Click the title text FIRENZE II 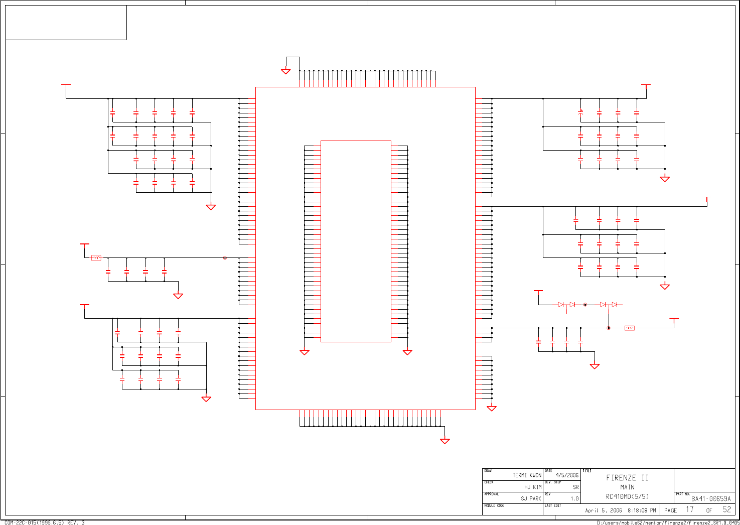click(627, 478)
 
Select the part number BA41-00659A click(711, 499)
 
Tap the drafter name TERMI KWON click(527, 475)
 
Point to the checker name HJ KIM click(533, 487)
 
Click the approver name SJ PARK click(531, 499)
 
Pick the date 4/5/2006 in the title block click(567, 475)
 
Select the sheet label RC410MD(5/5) click(627, 497)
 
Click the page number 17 click(690, 509)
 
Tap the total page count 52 click(726, 509)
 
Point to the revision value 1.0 click(574, 499)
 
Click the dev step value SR click(575, 487)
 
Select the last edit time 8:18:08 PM click(642, 510)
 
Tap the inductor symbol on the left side click(96, 258)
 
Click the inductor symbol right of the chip click(629, 328)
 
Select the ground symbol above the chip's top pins click(286, 71)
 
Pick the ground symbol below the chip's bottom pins click(445, 441)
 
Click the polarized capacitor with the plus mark click(580, 113)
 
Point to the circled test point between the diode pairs click(585, 305)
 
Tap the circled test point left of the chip click(225, 258)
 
